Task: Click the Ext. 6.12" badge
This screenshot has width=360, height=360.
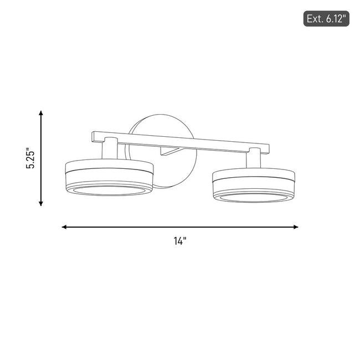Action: click(x=326, y=19)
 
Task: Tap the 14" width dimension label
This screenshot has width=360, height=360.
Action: click(x=180, y=241)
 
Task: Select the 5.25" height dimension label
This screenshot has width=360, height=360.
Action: click(x=30, y=158)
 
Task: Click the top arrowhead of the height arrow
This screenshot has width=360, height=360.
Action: click(x=41, y=113)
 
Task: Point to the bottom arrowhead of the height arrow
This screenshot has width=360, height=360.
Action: click(x=41, y=204)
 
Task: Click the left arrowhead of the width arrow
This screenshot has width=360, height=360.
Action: click(x=64, y=227)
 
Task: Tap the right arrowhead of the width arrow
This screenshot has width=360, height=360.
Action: click(x=296, y=227)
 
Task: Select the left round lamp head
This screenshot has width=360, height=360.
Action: click(x=109, y=177)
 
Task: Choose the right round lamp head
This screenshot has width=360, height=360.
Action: click(x=254, y=185)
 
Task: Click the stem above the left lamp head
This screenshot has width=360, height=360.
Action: click(x=110, y=148)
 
